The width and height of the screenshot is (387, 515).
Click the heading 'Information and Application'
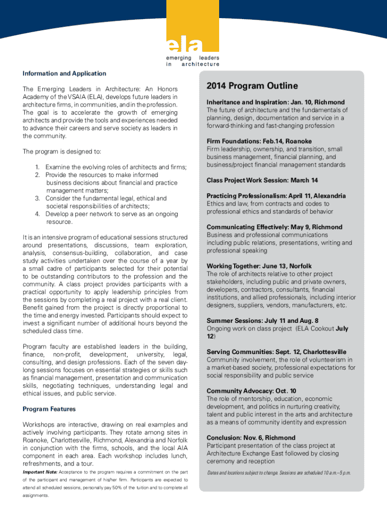click(64, 73)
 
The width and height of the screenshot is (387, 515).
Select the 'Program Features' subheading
click(49, 409)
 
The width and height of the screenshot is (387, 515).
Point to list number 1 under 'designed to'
click(38, 167)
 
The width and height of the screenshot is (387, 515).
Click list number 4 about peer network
click(38, 214)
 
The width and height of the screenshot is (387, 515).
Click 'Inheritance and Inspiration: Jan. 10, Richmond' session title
click(275, 102)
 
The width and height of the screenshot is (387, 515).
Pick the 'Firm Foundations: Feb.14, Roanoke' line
click(259, 141)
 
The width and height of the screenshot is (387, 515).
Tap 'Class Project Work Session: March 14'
click(262, 180)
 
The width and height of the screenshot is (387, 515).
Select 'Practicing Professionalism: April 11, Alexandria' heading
click(276, 196)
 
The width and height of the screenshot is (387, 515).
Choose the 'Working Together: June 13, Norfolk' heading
click(259, 266)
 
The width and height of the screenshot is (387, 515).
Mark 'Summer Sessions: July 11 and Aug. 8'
click(262, 320)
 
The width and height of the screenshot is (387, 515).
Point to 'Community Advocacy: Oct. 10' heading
click(251, 391)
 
